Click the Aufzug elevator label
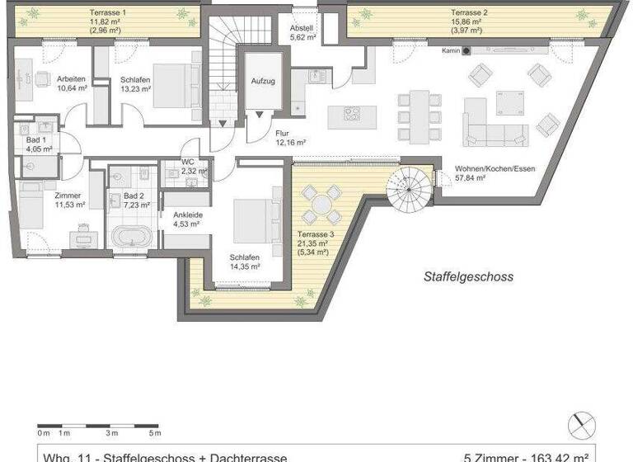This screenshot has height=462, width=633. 262,82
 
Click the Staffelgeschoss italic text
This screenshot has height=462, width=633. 468,277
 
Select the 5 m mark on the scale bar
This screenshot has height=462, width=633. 154,432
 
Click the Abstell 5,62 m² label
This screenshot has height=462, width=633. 302,32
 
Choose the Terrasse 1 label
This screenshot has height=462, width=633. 107,13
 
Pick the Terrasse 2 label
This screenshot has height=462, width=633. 468,13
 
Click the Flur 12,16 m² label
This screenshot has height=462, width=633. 290,137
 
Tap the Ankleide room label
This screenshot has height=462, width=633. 187,219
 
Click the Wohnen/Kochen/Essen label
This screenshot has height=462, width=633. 495,173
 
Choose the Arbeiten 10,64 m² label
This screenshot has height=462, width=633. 71,82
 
